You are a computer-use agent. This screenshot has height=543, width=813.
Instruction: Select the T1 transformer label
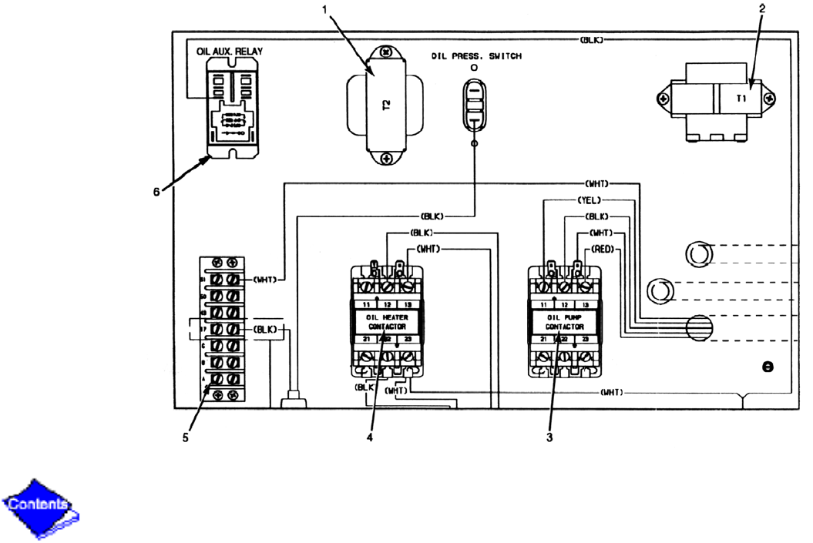741,99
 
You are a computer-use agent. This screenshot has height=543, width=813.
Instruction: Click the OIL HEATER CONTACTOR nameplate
385,322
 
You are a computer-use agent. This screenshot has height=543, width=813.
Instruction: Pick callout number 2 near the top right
762,8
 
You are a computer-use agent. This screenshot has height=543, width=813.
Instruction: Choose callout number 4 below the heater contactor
370,438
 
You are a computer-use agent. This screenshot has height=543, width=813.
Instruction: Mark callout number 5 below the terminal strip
186,438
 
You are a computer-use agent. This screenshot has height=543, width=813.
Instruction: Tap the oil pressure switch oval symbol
474,108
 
